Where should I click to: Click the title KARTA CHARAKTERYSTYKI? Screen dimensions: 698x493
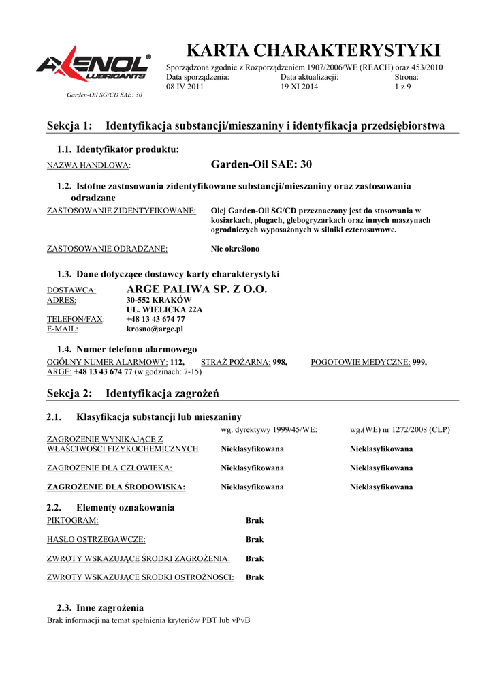pos(313,50)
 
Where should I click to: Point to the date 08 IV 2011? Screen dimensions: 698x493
pos(185,87)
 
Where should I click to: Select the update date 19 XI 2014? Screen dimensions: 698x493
pos(299,87)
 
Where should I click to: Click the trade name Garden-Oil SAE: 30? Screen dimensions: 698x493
pos(261,164)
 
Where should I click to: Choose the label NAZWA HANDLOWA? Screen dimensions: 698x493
pos(88,166)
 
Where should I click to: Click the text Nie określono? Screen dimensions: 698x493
pos(235,249)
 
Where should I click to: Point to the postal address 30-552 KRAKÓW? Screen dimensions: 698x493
pos(159,300)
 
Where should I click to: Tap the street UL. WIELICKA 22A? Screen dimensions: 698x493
pos(164,309)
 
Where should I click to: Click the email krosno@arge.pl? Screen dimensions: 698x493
pos(155,329)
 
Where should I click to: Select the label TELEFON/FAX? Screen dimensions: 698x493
pos(75,319)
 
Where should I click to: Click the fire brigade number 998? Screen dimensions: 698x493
pos(280,362)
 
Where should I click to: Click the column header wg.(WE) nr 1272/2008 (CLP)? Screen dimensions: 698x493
pos(400,430)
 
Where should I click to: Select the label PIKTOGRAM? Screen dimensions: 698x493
pos(72,520)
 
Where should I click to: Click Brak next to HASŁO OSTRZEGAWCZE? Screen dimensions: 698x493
pos(255,539)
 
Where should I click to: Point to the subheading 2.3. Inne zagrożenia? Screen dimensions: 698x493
pos(100,607)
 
